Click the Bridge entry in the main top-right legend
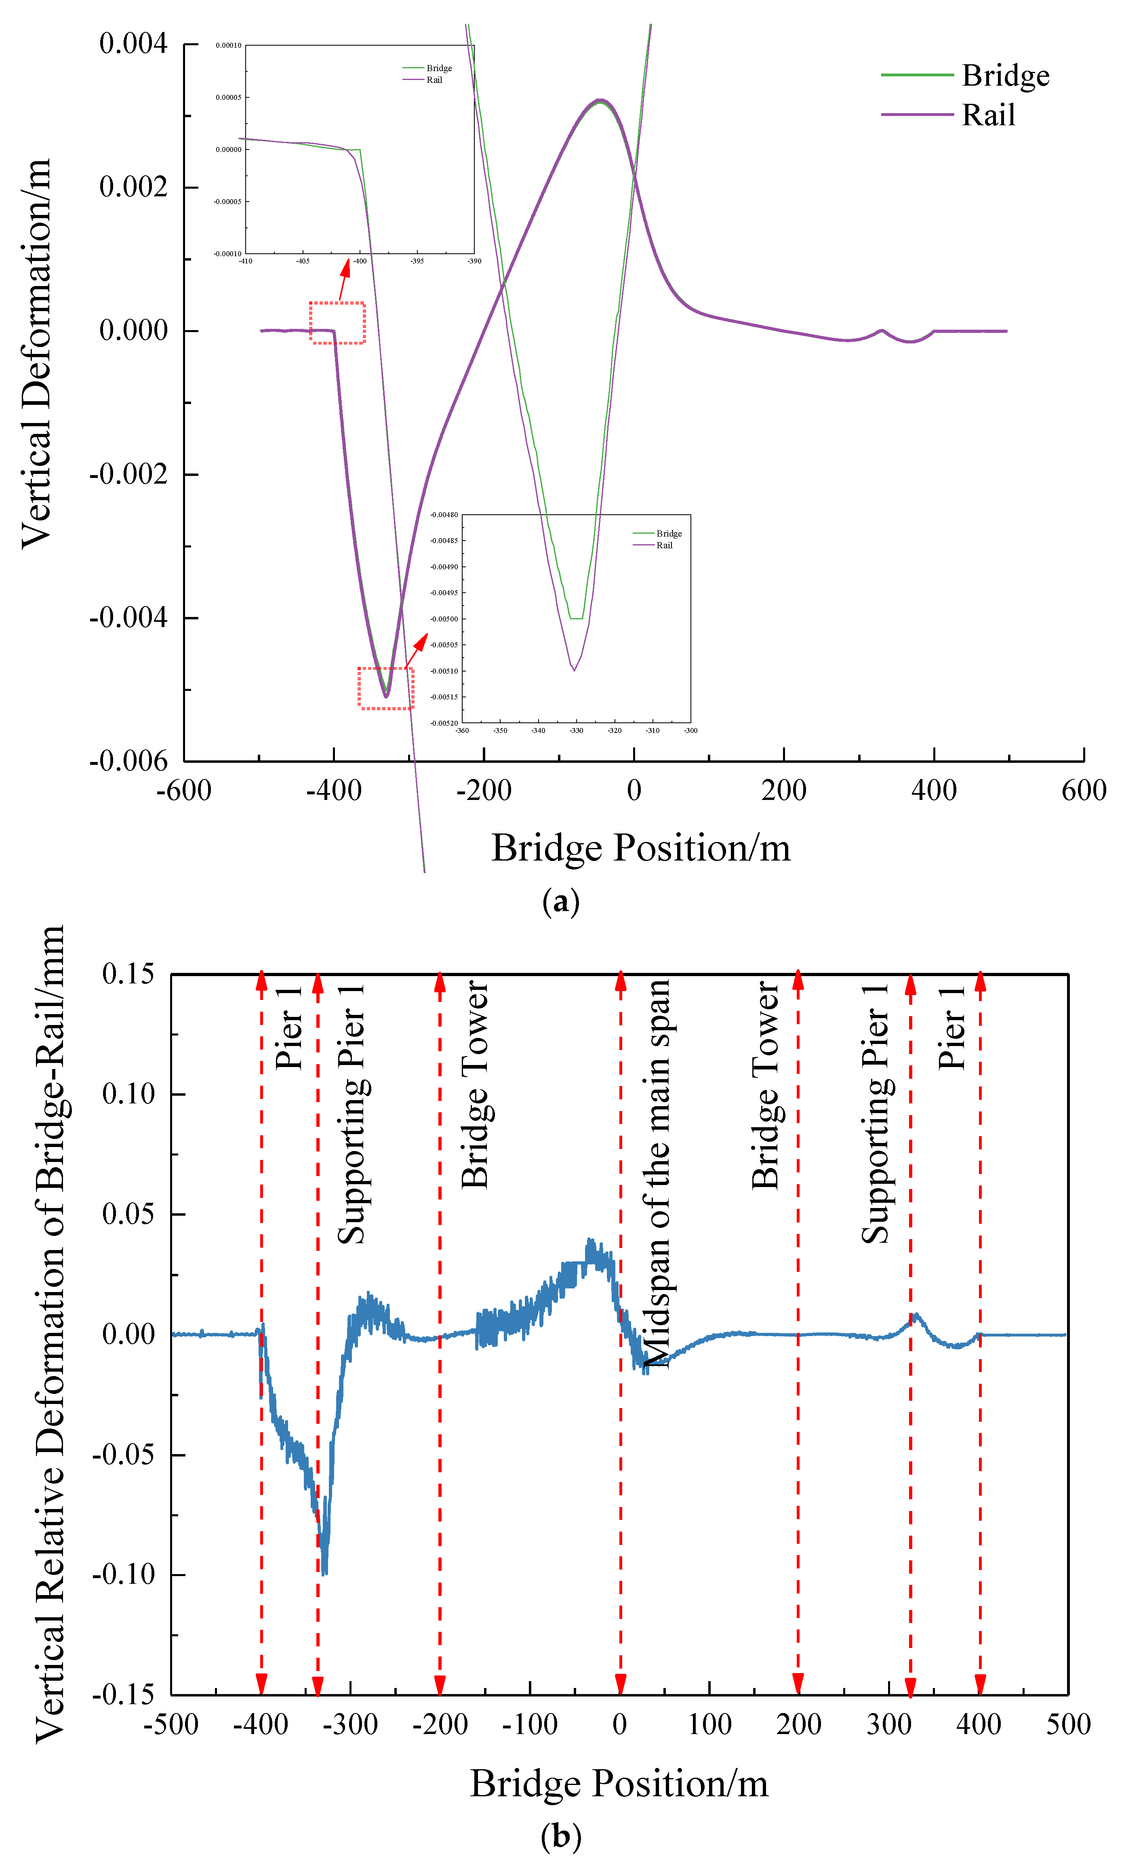(x=1005, y=76)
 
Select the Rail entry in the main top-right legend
(x=988, y=115)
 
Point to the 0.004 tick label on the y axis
(x=133, y=44)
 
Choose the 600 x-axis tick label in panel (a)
(x=1083, y=791)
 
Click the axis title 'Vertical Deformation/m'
(x=36, y=354)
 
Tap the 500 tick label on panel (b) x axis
(x=1068, y=1724)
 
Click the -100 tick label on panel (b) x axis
(x=529, y=1724)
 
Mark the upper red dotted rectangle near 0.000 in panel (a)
(x=337, y=322)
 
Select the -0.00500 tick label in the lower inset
(x=444, y=619)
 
